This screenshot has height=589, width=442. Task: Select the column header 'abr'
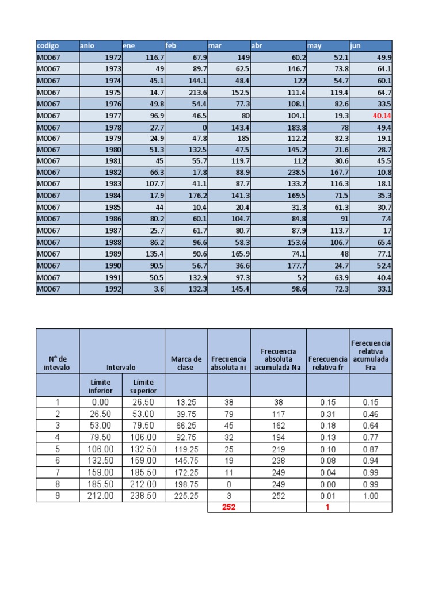pyautogui.click(x=256, y=45)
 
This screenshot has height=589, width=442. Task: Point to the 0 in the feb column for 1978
pyautogui.click(x=203, y=127)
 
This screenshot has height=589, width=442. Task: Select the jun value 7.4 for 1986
pyautogui.click(x=386, y=219)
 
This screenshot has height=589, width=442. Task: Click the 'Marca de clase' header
pyautogui.click(x=186, y=364)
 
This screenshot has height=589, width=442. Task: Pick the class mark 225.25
pyautogui.click(x=186, y=496)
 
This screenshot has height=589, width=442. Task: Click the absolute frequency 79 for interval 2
pyautogui.click(x=228, y=414)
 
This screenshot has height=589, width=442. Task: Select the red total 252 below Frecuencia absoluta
pyautogui.click(x=229, y=507)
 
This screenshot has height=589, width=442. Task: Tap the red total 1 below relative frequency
pyautogui.click(x=327, y=507)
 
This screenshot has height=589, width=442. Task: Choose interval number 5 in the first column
pyautogui.click(x=58, y=449)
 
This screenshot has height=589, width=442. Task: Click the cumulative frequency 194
pyautogui.click(x=278, y=437)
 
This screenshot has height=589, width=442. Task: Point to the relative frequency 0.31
pyautogui.click(x=327, y=414)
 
